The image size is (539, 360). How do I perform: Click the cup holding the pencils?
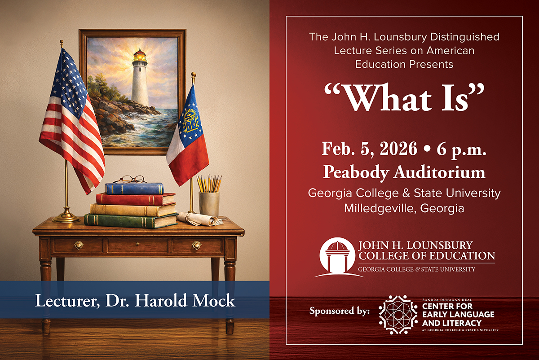coord(209,203)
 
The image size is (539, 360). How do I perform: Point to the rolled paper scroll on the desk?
coord(200,220)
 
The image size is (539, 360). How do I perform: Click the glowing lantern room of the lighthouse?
coord(140,56)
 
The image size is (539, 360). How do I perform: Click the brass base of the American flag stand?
coord(66,218)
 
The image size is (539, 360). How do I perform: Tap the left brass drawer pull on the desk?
coord(79,245)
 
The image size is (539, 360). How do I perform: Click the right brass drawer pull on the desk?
coord(197,245)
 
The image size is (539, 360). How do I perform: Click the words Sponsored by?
coord(340,310)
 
